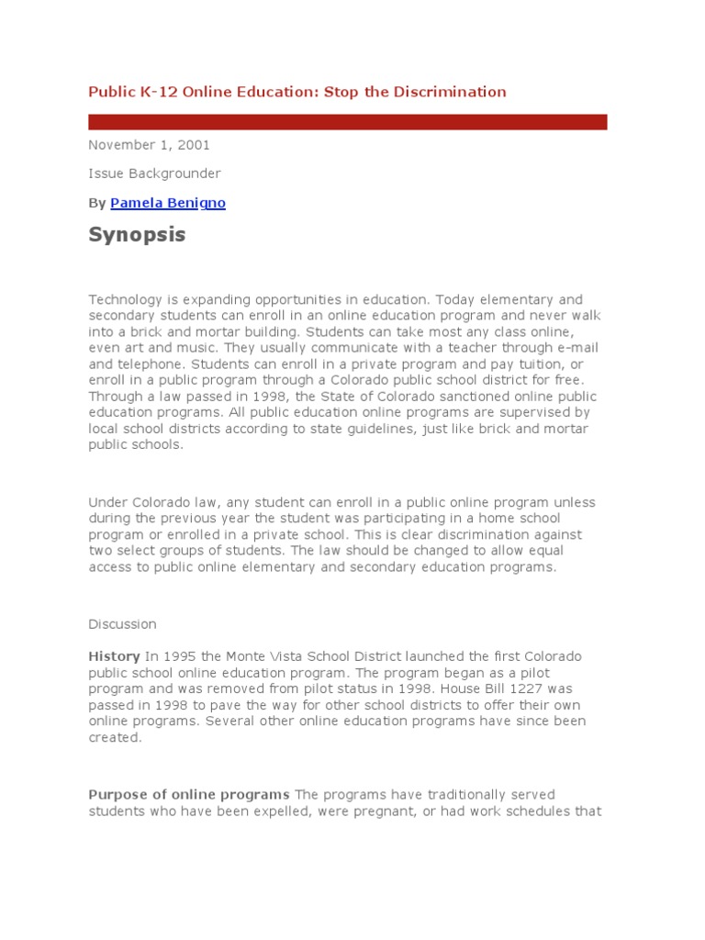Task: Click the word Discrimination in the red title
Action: (450, 92)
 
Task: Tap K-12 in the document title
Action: (145, 92)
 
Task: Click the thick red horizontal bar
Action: (347, 122)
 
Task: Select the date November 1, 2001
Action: (149, 145)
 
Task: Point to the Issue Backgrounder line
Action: (154, 173)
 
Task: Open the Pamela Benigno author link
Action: (168, 203)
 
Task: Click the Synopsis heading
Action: (137, 235)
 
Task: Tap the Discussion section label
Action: (122, 624)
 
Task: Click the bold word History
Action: (114, 657)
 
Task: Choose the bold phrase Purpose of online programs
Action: (189, 794)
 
